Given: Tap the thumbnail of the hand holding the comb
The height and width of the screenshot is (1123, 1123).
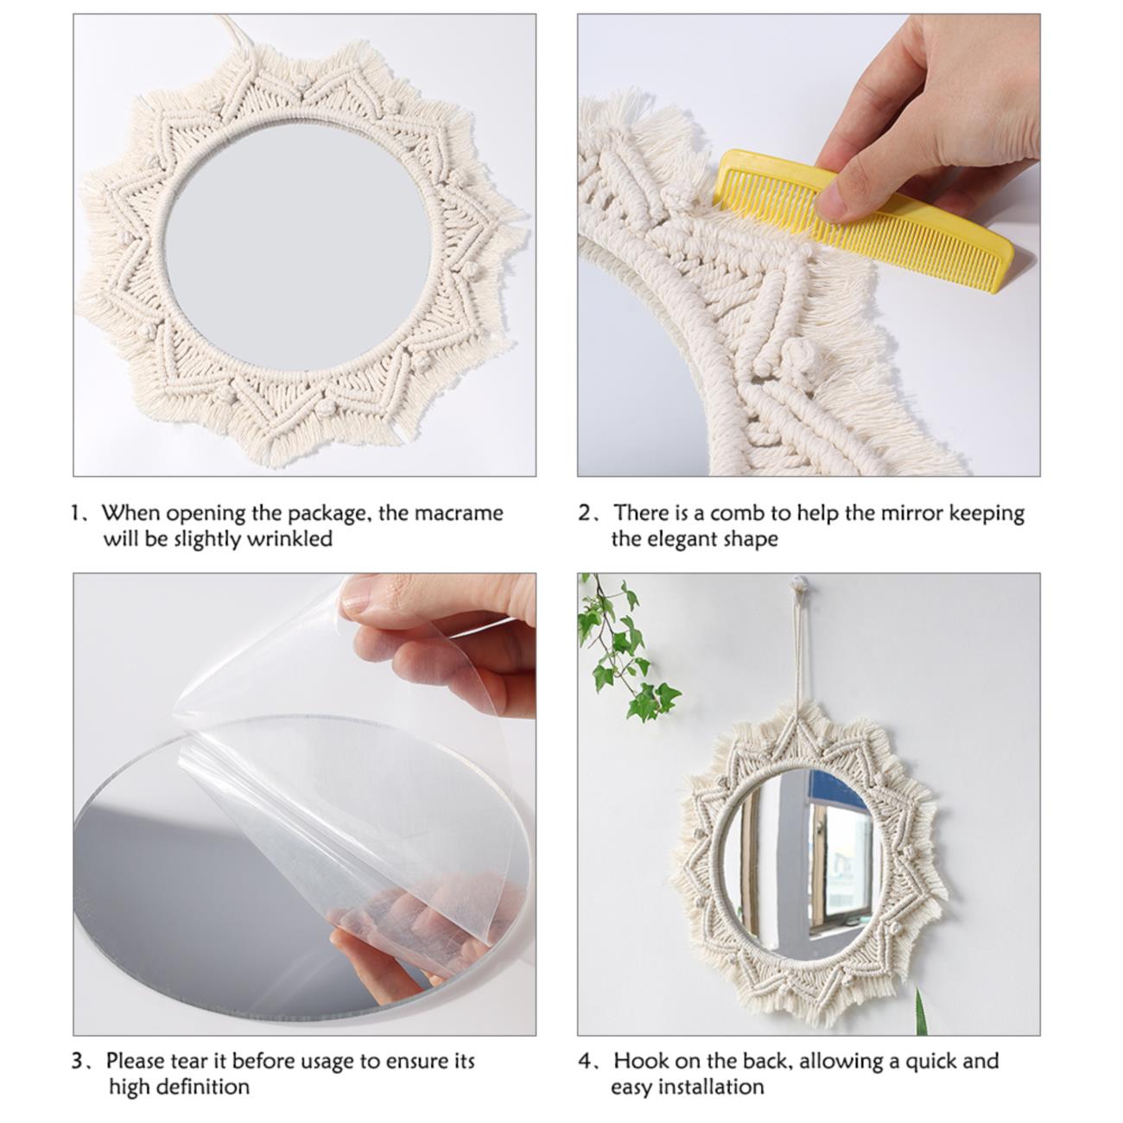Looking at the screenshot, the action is (x=809, y=244).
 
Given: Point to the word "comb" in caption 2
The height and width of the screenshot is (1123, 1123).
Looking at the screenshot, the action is (x=744, y=513).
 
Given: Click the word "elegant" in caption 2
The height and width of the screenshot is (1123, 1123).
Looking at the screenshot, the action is (x=680, y=540).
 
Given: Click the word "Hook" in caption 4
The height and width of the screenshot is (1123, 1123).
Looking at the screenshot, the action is (x=640, y=1060).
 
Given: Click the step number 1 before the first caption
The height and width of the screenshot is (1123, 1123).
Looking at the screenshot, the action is (x=76, y=513).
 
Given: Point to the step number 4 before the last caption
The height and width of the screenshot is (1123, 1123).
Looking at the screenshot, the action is (x=585, y=1061).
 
